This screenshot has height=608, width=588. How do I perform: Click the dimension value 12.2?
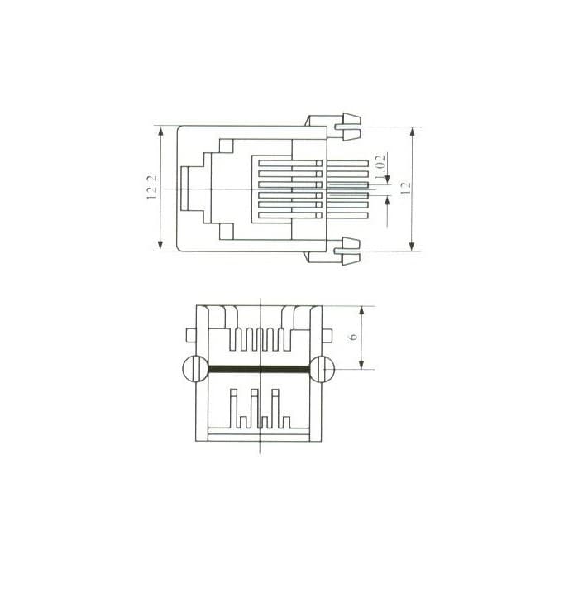[152, 188]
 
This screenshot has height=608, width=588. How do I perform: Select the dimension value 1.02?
[380, 167]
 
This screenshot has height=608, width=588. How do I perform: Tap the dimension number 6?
[353, 337]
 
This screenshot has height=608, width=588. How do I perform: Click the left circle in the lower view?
[196, 369]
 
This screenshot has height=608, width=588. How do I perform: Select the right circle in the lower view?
[322, 369]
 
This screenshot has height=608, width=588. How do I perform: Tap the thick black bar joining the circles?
[259, 369]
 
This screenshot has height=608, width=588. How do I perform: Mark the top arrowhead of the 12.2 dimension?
[161, 132]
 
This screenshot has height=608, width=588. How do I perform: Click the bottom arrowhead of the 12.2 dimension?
[160, 244]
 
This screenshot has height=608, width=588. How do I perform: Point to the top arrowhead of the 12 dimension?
[412, 133]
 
